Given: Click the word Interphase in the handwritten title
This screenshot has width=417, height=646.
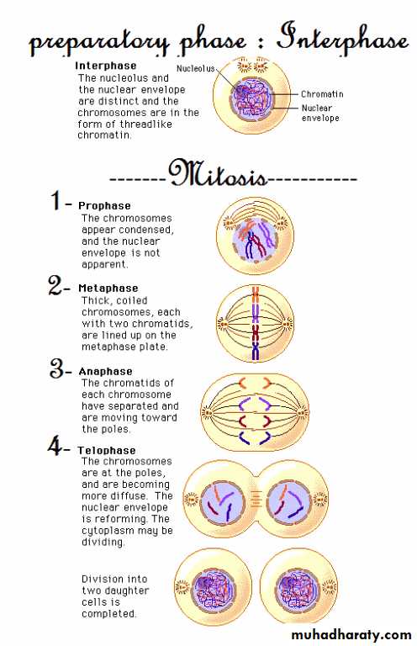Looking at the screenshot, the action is click(x=342, y=40).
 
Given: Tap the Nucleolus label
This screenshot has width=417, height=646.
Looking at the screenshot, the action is click(x=196, y=68).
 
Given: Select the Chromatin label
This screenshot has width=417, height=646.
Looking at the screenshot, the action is click(x=322, y=94).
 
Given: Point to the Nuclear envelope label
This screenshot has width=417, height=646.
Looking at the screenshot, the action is click(x=320, y=113).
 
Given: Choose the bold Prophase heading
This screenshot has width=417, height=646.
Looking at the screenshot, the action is click(x=104, y=205).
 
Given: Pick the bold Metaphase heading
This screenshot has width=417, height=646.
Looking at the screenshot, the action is click(x=108, y=288).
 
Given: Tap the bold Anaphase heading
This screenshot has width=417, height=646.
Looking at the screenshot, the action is click(x=105, y=371).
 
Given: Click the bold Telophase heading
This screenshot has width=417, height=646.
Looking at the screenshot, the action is click(x=107, y=450).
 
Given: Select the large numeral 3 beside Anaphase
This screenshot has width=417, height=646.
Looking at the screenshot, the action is click(x=57, y=368).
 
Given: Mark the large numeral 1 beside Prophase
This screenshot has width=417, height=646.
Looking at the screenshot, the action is click(x=55, y=200).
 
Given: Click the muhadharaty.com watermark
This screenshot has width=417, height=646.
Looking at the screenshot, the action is click(x=351, y=634).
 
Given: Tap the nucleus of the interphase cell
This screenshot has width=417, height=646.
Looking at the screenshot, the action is click(x=251, y=98).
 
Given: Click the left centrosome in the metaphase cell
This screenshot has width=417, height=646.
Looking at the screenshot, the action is click(x=222, y=323).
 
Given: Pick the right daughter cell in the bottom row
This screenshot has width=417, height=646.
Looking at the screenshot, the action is click(x=299, y=586).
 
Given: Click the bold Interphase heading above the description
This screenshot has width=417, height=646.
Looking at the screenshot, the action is click(x=105, y=66).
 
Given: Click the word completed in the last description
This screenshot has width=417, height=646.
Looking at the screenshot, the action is click(x=108, y=613).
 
